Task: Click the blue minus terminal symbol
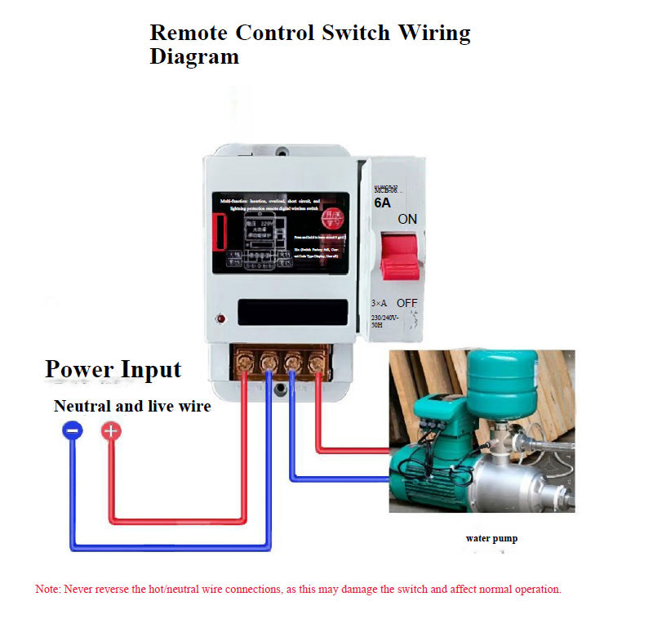(72, 431)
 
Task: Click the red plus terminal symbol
(111, 431)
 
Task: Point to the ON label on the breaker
(407, 220)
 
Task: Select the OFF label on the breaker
(406, 303)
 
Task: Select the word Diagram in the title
(194, 56)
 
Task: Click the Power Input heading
(113, 369)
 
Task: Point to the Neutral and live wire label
(132, 406)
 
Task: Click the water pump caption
(491, 538)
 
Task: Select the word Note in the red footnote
(47, 589)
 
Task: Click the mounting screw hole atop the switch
(282, 151)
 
